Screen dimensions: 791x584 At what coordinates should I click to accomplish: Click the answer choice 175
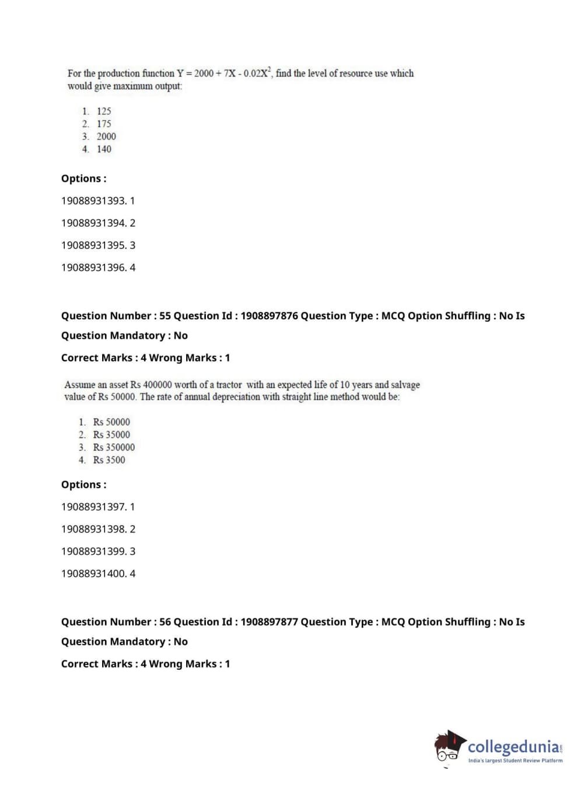tap(104, 124)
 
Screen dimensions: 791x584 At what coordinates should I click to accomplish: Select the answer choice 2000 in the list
tap(106, 136)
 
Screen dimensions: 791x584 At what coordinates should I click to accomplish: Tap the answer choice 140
tap(104, 149)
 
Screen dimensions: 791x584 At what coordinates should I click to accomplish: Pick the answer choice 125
tap(104, 111)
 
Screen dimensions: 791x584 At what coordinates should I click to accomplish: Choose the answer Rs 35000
tap(111, 435)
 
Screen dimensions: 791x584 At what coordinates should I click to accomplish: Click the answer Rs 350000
tap(114, 447)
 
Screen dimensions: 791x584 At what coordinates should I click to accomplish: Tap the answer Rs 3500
tap(109, 460)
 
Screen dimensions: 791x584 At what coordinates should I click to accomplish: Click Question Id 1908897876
tap(269, 316)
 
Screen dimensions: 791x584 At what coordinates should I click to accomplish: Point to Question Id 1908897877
tap(269, 622)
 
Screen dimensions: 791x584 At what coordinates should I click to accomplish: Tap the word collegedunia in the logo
tap(513, 747)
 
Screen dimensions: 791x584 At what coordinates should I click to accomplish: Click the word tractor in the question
tap(229, 385)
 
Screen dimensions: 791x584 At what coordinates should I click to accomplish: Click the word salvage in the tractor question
tap(405, 385)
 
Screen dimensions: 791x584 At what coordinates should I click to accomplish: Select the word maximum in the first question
tap(132, 86)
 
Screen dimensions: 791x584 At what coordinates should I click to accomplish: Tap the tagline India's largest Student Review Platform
tap(515, 761)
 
